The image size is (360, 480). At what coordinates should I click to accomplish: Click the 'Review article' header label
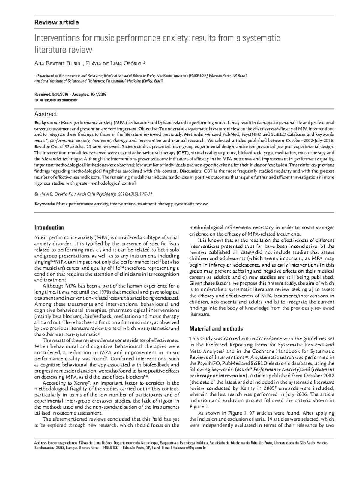coord(57,22)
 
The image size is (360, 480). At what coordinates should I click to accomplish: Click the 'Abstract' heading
coord(46,114)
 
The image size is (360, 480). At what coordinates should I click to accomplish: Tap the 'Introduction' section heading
coord(49,228)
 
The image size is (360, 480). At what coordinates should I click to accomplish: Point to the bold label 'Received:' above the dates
coord(43,94)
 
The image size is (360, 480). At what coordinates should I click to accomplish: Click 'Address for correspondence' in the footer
coord(56,443)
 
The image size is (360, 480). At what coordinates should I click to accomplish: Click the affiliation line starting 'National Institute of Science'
coord(99,81)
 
